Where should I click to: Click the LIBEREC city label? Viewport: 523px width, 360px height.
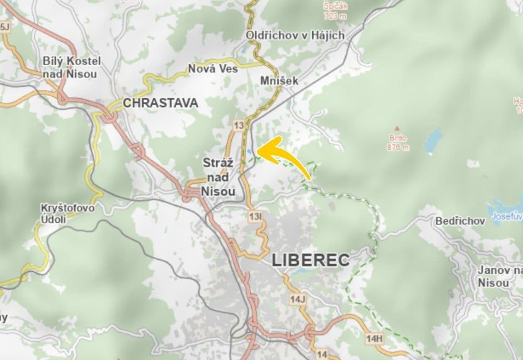[311, 260]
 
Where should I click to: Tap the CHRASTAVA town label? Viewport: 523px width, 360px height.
[160, 103]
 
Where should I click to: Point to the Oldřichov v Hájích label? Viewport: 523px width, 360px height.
[295, 35]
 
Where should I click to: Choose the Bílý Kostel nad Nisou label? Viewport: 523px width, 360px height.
[72, 67]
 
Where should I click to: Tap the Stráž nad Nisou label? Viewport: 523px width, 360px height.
[219, 177]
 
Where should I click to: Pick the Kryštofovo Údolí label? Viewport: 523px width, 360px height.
[68, 213]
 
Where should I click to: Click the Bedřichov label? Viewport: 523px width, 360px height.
[460, 221]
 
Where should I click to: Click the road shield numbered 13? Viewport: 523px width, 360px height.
[239, 126]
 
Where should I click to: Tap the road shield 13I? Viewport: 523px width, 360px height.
[255, 217]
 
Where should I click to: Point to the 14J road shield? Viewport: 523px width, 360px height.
[298, 298]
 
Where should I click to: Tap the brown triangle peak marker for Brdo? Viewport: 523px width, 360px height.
[397, 128]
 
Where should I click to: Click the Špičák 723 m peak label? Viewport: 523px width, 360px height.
[335, 11]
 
